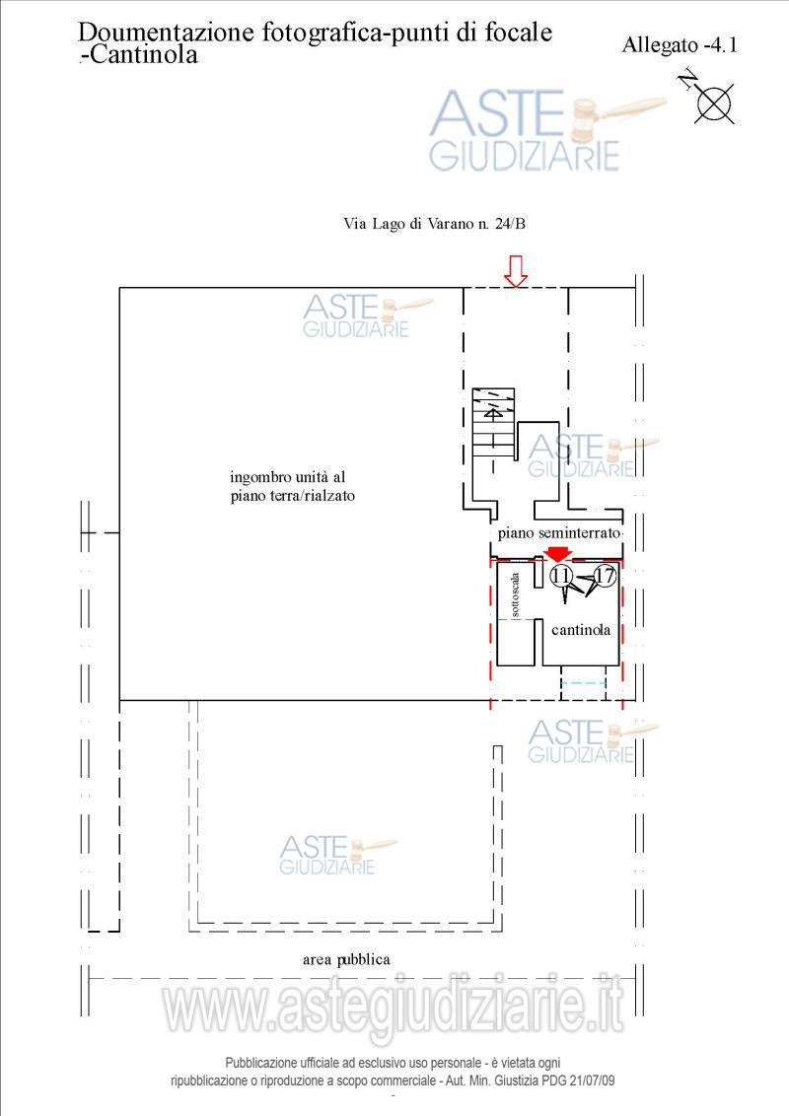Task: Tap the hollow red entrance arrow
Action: pyautogui.click(x=515, y=271)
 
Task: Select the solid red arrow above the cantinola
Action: pyautogui.click(x=558, y=554)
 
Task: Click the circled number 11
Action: pyautogui.click(x=561, y=575)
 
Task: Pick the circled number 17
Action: pyautogui.click(x=605, y=575)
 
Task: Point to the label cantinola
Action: pyautogui.click(x=580, y=629)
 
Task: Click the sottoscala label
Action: pyautogui.click(x=515, y=594)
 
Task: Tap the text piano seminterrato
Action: pyautogui.click(x=558, y=532)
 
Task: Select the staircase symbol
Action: pyautogui.click(x=493, y=424)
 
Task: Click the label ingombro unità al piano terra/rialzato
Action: pyautogui.click(x=292, y=486)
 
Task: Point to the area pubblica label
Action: pyautogui.click(x=346, y=959)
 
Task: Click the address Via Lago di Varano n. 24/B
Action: pyautogui.click(x=434, y=224)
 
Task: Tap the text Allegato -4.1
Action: pyautogui.click(x=680, y=44)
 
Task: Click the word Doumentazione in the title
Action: pyautogui.click(x=166, y=33)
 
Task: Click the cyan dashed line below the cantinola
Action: pyautogui.click(x=583, y=682)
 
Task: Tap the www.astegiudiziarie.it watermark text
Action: pyautogui.click(x=394, y=1005)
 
